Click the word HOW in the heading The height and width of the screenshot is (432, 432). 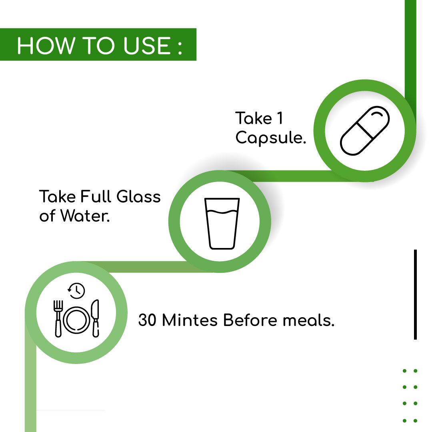46,46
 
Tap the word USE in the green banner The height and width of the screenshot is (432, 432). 147,46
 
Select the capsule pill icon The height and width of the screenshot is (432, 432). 365,130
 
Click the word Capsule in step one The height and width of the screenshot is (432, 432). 270,138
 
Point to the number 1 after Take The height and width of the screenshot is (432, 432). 280,118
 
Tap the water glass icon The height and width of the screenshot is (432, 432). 222,224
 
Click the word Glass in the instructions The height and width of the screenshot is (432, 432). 138,196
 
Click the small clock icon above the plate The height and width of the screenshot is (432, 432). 76,291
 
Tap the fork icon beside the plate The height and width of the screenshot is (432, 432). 58,318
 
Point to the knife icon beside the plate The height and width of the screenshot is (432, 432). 95,318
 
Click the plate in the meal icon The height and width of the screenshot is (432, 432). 76,320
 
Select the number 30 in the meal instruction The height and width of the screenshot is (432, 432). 148,320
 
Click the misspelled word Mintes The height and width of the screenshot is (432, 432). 190,320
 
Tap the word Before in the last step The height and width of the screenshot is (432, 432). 250,320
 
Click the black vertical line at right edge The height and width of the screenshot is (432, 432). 415,294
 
